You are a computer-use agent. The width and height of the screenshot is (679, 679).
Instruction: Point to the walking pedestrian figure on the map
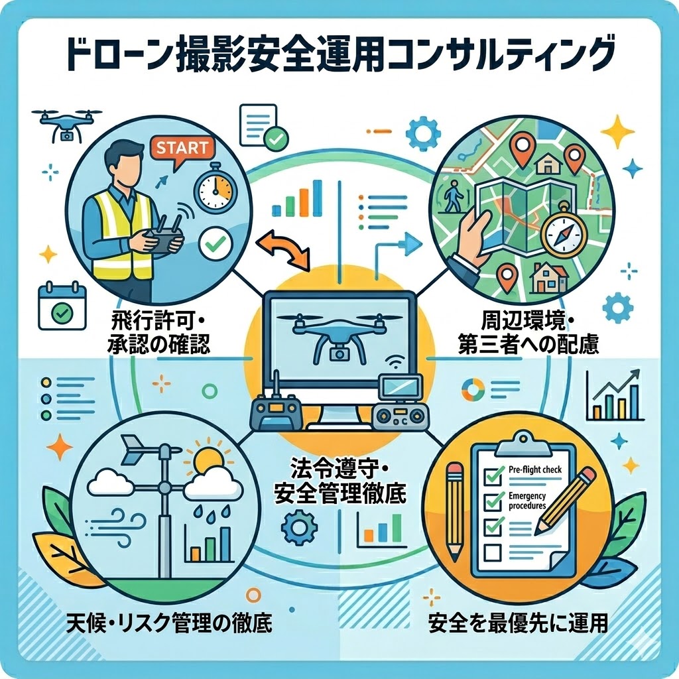(455, 198)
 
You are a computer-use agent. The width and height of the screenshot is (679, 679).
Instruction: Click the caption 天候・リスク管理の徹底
(170, 623)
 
